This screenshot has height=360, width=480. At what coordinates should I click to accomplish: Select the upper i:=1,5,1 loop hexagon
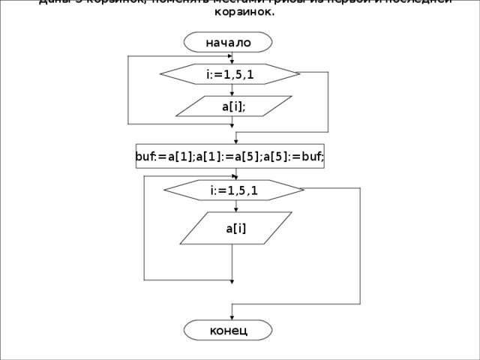[x=230, y=74]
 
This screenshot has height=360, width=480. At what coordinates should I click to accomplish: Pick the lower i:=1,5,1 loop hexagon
[x=233, y=190]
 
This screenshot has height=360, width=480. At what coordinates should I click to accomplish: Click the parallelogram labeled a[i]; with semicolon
[x=233, y=106]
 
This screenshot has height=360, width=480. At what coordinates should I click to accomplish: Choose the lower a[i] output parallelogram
[x=235, y=228]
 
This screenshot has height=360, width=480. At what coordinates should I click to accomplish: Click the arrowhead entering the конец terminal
[x=231, y=317]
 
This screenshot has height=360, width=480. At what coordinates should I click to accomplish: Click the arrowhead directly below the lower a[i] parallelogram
[x=232, y=281]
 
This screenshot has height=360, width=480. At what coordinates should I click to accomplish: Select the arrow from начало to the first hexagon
[x=231, y=58]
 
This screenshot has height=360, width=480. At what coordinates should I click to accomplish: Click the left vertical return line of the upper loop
[x=129, y=90]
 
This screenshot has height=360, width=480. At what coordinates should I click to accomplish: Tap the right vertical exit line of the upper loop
[x=328, y=101]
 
